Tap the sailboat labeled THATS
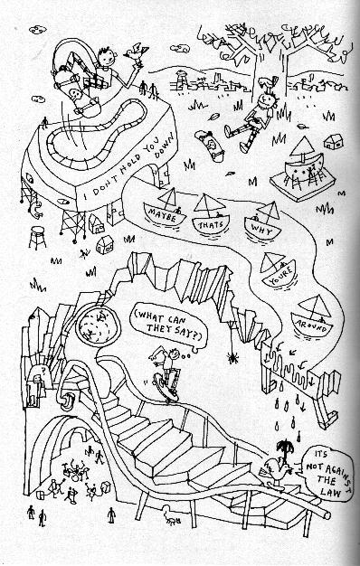211,217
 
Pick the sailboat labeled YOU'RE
279,270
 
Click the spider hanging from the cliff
232,357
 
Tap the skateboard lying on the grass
210,145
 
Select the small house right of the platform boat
333,142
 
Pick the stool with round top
37,237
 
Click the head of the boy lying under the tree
269,99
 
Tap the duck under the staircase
170,515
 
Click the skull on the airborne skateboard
76,95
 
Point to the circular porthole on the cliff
97,325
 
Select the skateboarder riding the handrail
166,373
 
